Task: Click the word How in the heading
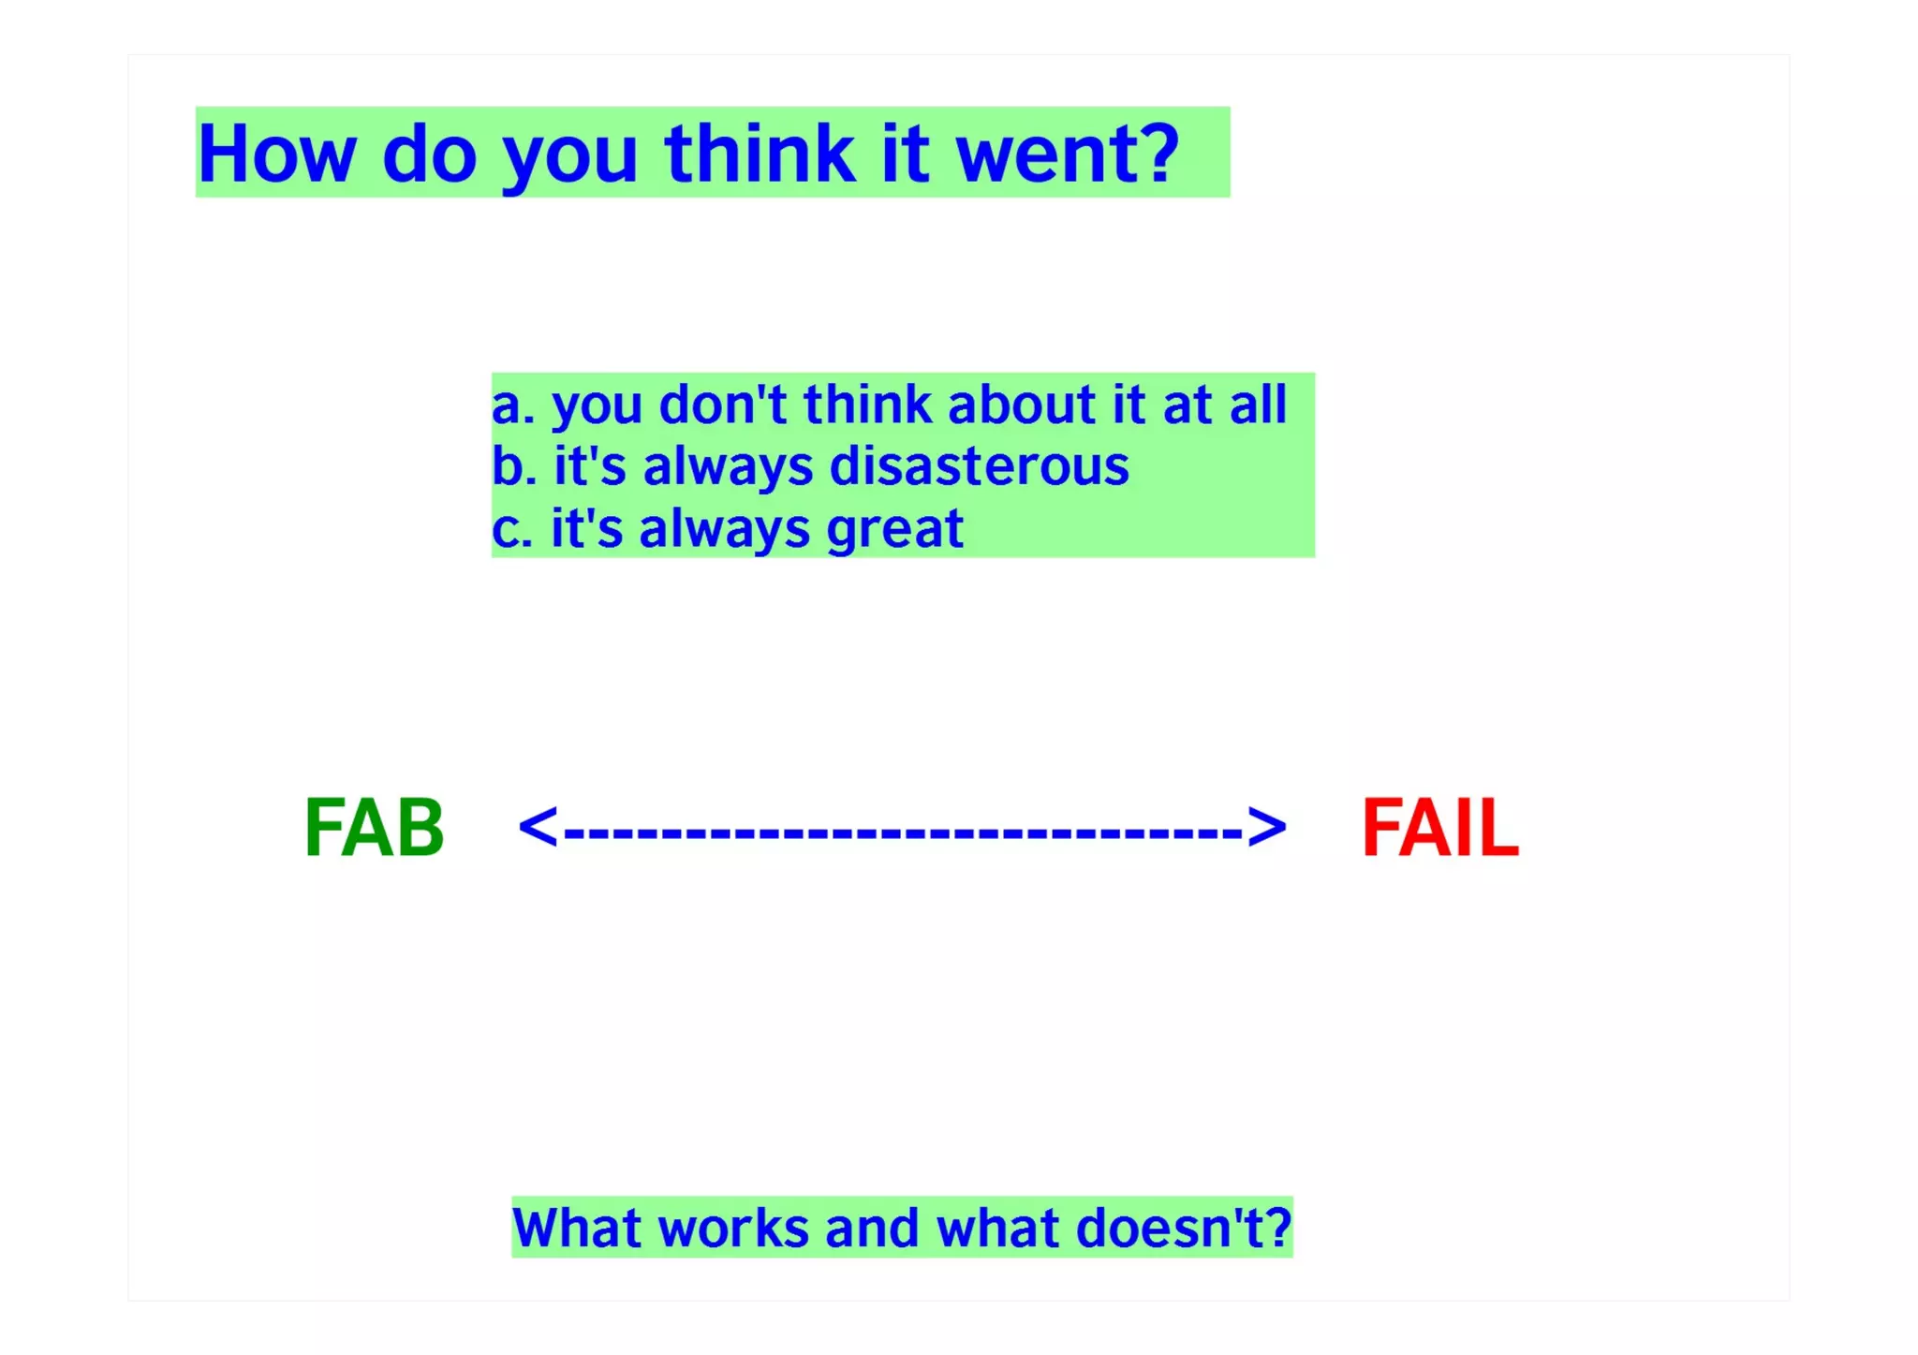(276, 154)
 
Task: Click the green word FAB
(374, 828)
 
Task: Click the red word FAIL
(1439, 828)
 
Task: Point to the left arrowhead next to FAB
(538, 828)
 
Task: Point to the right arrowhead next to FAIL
(1267, 828)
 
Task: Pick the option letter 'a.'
(511, 406)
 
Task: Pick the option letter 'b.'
(513, 465)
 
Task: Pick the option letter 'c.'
(511, 529)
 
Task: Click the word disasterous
(980, 465)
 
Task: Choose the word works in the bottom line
(733, 1228)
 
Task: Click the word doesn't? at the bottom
(1184, 1228)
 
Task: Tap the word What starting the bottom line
(577, 1228)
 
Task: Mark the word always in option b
(727, 467)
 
